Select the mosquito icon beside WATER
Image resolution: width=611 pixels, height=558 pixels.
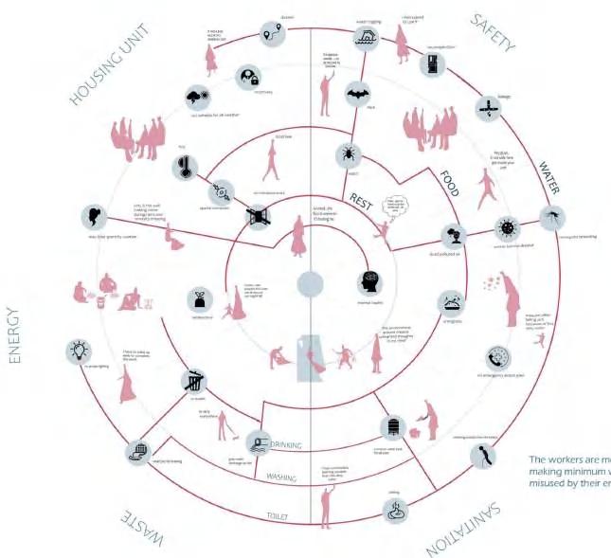552,217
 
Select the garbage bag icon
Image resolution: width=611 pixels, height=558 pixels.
201,297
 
